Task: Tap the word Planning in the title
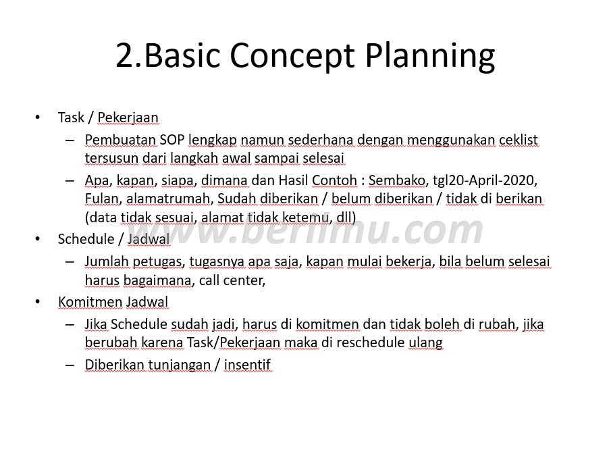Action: [430, 55]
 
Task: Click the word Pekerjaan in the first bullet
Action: [128, 118]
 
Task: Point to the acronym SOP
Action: [171, 139]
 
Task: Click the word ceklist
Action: [519, 139]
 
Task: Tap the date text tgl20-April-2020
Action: [485, 180]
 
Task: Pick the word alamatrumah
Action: [167, 199]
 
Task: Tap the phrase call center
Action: [232, 280]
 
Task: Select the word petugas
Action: [158, 262]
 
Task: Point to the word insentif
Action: [247, 365]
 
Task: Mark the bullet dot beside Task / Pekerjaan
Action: [37, 117]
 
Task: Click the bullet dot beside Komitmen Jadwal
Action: [37, 301]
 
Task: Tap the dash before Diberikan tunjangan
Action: [70, 365]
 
